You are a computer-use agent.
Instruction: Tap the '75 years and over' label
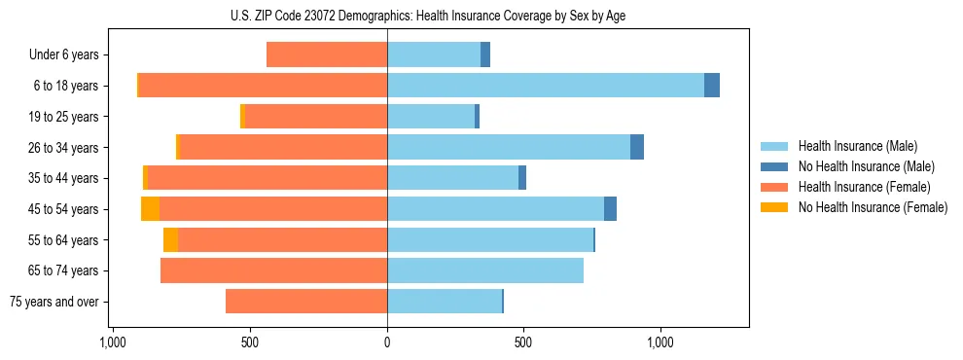click(x=53, y=302)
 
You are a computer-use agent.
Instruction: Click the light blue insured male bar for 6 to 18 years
click(x=545, y=86)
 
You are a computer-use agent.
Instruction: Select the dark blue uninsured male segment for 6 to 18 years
click(x=712, y=86)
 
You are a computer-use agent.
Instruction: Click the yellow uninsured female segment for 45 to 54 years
click(x=150, y=209)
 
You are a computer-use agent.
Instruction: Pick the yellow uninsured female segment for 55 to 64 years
click(x=170, y=239)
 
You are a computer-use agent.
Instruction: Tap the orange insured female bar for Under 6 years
click(x=327, y=54)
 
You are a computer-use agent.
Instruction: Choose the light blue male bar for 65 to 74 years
click(x=485, y=270)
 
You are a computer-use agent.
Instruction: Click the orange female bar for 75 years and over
click(x=306, y=302)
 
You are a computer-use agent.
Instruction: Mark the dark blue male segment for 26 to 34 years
click(x=637, y=147)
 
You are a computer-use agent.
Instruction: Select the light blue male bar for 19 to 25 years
click(x=431, y=117)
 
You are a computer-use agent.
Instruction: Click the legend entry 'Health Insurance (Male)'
click(x=857, y=146)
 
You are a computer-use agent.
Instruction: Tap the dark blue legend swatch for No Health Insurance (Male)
click(x=774, y=166)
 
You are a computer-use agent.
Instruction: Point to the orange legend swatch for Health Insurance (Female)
click(x=774, y=187)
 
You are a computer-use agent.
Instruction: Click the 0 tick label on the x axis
click(x=387, y=342)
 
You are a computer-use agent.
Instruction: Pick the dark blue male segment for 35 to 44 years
click(x=522, y=178)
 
